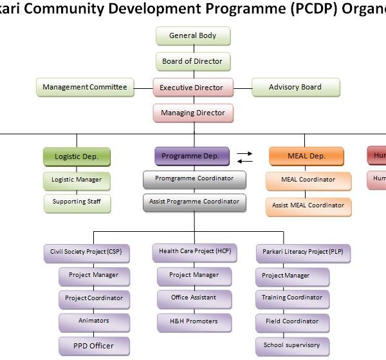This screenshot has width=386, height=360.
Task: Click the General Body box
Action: click(x=192, y=36)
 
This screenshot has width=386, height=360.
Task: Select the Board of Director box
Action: click(x=192, y=62)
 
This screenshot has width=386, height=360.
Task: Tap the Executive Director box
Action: click(x=191, y=88)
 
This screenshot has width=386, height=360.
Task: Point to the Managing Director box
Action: click(x=193, y=113)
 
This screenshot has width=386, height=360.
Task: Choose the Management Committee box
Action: click(x=85, y=88)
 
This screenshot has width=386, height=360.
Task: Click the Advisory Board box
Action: click(x=295, y=88)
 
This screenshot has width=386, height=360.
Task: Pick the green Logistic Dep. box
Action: click(x=77, y=156)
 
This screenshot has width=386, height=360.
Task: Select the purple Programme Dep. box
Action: click(x=191, y=156)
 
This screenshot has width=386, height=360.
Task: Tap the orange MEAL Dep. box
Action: click(x=306, y=156)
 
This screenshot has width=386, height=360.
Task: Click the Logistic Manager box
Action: click(x=77, y=180)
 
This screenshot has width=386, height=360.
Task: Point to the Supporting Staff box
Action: click(x=77, y=202)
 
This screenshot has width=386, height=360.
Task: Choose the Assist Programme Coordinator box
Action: click(x=194, y=202)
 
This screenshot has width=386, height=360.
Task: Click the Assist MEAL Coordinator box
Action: click(x=308, y=206)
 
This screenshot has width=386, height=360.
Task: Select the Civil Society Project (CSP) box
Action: click(x=86, y=252)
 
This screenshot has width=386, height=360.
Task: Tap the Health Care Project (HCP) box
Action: click(x=194, y=252)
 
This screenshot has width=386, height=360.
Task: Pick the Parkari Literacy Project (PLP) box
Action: click(x=302, y=252)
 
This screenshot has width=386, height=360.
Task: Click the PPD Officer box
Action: click(x=93, y=346)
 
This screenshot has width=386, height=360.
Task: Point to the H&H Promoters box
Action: click(x=194, y=321)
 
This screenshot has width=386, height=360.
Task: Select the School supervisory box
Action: click(x=292, y=346)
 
